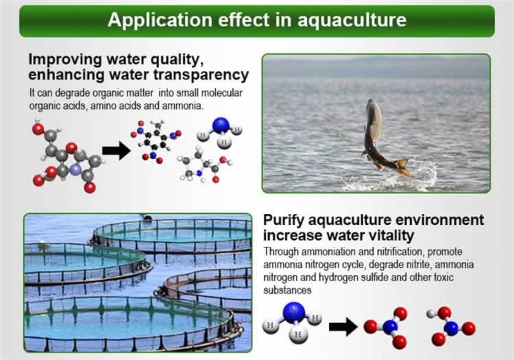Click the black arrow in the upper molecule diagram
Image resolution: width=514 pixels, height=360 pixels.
click(x=116, y=151)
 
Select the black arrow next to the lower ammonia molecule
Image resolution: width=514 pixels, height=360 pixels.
click(x=343, y=326)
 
